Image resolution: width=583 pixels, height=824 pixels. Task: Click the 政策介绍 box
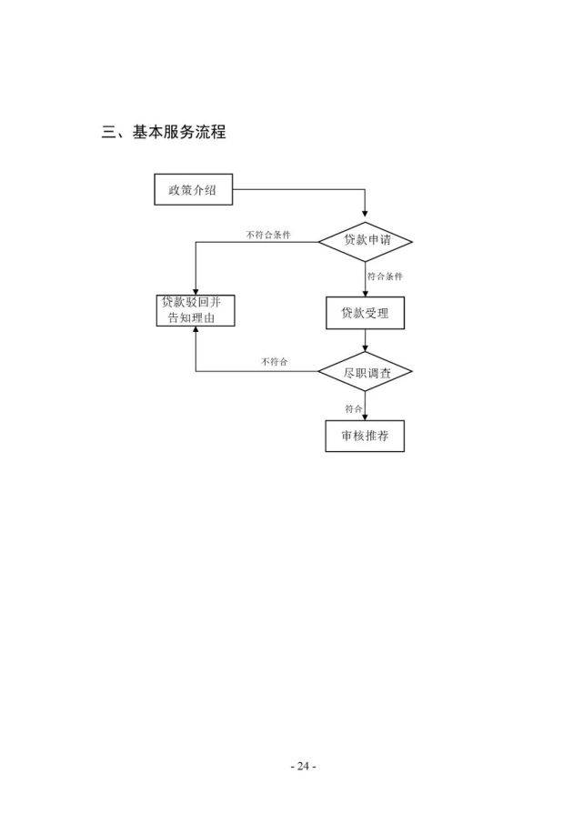[192, 190]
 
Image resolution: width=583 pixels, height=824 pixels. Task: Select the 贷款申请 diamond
[365, 241]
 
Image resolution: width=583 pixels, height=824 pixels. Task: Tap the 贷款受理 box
[365, 313]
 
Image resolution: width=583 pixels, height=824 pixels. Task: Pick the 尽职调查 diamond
[366, 371]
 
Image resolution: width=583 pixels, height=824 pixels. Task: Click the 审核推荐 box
[365, 436]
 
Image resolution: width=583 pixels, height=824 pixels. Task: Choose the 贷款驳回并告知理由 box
[195, 310]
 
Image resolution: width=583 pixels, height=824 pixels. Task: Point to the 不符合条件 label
[268, 235]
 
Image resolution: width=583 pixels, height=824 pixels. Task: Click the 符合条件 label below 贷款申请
[385, 276]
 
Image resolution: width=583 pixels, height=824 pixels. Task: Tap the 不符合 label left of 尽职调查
[274, 362]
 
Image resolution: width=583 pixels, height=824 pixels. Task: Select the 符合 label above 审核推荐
[354, 408]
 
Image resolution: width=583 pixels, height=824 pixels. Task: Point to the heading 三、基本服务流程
[164, 133]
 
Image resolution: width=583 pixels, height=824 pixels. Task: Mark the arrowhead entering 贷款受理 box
[366, 292]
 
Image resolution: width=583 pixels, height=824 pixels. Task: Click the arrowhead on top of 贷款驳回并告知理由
[196, 289]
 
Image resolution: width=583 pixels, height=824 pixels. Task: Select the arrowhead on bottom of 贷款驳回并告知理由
[196, 331]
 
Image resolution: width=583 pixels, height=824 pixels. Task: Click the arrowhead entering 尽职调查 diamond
[366, 349]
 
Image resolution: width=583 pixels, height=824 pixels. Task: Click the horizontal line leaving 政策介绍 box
[291, 190]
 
